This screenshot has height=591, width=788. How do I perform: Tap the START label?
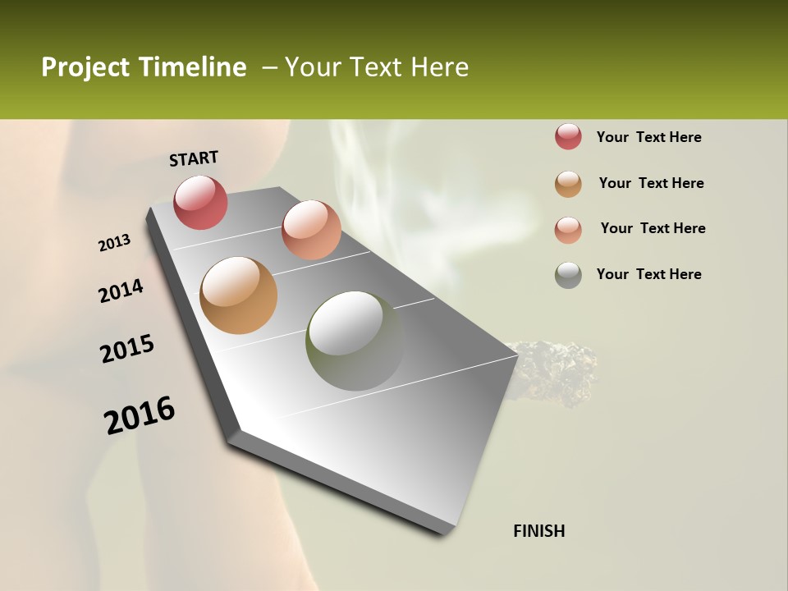tap(194, 158)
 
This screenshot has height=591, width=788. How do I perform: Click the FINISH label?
tap(539, 531)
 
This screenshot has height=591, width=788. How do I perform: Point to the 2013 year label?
tap(114, 243)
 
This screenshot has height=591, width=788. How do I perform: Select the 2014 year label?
tap(121, 291)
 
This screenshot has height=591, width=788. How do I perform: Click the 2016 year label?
tap(140, 415)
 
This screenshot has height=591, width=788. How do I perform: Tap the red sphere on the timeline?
tap(201, 202)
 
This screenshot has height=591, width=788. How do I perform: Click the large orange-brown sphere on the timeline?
tap(239, 295)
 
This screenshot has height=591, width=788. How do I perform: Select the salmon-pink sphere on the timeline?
tap(311, 230)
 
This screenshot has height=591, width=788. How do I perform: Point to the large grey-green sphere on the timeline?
tap(355, 341)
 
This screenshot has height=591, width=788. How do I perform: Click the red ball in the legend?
tap(568, 137)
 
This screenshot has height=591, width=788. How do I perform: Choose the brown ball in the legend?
tap(568, 184)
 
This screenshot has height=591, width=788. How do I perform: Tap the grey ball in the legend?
tap(568, 275)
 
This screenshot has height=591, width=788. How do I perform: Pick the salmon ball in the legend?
tap(568, 229)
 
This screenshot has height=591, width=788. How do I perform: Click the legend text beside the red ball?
tap(648, 137)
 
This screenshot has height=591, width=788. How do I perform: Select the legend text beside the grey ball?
tap(648, 274)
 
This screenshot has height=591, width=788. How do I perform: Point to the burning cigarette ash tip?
tap(558, 373)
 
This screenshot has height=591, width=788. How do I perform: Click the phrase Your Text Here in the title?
tap(377, 67)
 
